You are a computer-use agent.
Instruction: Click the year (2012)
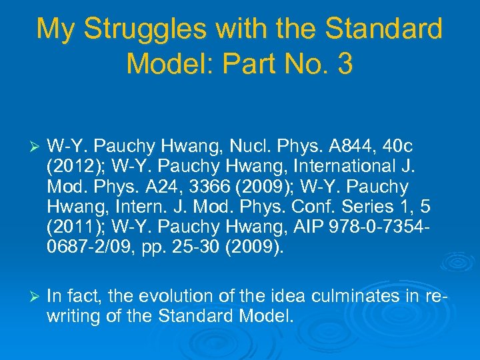point(71,166)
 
